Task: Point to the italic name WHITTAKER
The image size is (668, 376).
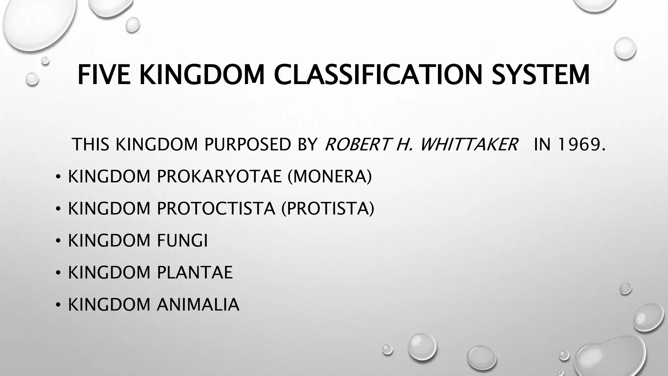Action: pos(469,144)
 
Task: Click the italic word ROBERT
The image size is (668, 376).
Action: pos(357,144)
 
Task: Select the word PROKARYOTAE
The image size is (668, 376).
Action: pos(219,177)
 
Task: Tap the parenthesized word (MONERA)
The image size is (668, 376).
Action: pos(330,177)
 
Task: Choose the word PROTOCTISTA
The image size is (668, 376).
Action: pos(216,209)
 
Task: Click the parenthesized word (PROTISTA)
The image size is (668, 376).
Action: pos(328,209)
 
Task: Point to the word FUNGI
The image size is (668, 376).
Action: pos(182,241)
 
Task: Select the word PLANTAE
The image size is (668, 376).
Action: pos(195,273)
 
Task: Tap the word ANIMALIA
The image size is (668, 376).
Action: pos(198,305)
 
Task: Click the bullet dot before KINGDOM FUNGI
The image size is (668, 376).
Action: pos(58,241)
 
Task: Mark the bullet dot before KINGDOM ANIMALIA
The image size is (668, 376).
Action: pos(58,305)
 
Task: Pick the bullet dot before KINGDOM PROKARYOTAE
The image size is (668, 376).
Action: pos(58,177)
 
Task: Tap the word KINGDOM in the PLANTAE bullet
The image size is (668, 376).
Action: pos(109,273)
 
